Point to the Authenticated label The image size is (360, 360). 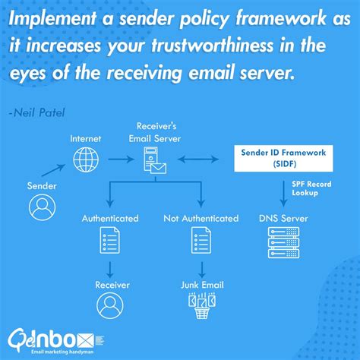tap(110, 219)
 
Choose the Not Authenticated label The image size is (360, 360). tap(201, 219)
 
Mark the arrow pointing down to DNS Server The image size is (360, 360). tap(283, 190)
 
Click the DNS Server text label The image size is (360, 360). tap(283, 219)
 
